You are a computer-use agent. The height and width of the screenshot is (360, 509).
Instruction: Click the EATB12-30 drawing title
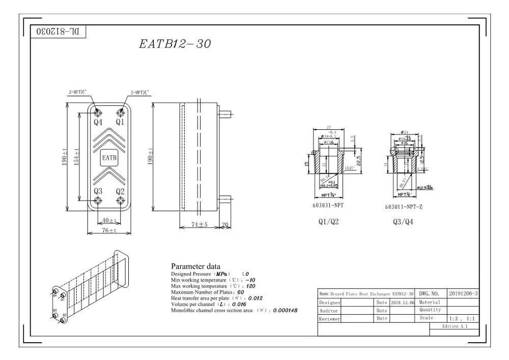click(175, 44)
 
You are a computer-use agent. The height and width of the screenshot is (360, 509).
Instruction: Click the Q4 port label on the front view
click(98, 122)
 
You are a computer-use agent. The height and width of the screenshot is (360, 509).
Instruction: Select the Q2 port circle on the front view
click(120, 201)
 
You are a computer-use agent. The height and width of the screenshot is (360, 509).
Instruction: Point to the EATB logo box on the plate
click(109, 158)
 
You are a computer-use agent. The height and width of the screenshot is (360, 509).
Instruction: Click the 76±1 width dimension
click(108, 230)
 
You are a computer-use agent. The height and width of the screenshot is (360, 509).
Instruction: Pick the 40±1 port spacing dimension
click(108, 220)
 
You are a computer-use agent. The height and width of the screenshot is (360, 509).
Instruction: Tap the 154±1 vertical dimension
click(76, 157)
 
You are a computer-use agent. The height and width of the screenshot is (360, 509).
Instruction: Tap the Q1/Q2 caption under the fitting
click(328, 222)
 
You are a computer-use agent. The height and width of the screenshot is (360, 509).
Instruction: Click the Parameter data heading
click(195, 266)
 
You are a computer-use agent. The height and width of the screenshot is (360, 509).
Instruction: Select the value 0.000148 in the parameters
click(285, 310)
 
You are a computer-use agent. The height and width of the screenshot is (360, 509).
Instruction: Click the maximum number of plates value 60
click(241, 292)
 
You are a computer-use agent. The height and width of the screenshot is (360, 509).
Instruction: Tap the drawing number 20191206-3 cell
click(463, 294)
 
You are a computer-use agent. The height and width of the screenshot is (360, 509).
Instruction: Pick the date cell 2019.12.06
click(403, 302)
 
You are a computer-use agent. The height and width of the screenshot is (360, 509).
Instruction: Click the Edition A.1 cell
click(455, 326)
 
